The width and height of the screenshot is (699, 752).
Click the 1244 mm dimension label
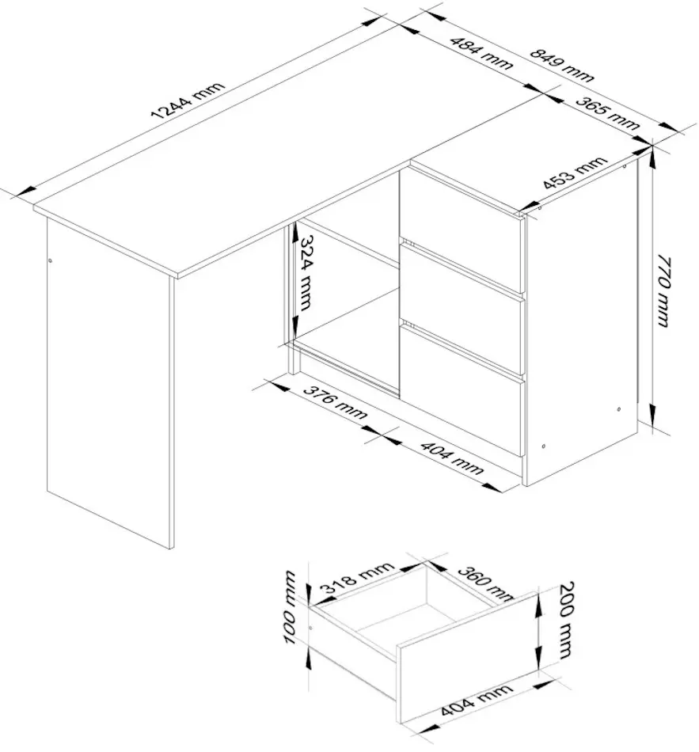(188, 101)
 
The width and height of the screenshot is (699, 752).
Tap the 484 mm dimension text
(481, 52)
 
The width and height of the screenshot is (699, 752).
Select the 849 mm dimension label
(562, 65)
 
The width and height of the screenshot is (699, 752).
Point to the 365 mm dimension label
(607, 113)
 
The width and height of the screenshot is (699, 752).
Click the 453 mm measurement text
(575, 173)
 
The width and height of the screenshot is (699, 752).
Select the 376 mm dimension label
(336, 402)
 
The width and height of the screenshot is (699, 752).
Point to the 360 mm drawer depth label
(485, 583)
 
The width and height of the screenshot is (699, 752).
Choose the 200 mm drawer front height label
(565, 620)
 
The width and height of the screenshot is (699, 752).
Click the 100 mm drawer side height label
(290, 607)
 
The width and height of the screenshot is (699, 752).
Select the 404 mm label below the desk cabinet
(451, 457)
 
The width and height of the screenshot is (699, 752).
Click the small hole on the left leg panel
(51, 261)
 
